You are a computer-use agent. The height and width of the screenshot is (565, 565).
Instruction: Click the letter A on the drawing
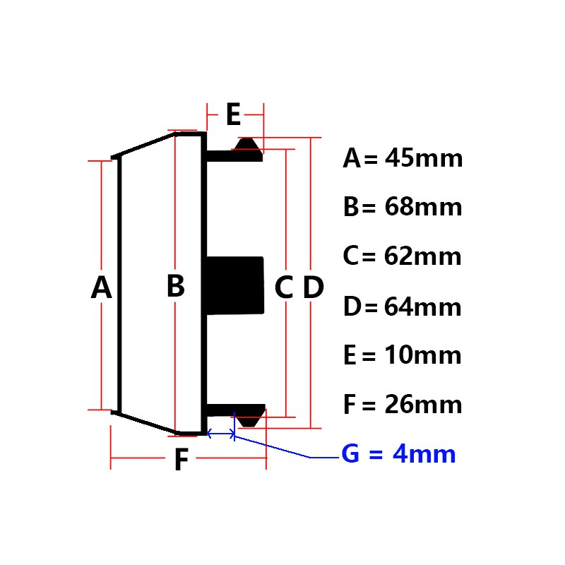[x=102, y=288]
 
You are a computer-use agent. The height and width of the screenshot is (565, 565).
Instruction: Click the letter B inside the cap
[x=175, y=287]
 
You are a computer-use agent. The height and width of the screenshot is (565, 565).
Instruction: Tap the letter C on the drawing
[x=283, y=287]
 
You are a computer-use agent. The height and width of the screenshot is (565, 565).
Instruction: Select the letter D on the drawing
[x=313, y=287]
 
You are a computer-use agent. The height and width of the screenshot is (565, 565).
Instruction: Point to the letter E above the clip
[x=233, y=114]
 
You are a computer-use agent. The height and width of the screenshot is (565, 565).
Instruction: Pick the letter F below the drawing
[x=182, y=461]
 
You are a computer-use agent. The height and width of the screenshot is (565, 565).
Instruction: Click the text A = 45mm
[x=403, y=158]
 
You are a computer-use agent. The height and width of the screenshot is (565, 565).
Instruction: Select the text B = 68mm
[x=403, y=208]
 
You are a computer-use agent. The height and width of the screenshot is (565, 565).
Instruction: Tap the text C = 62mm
[x=403, y=256]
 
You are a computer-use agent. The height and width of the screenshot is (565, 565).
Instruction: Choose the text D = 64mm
[x=403, y=307]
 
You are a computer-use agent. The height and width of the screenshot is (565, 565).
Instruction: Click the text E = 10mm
[x=403, y=355]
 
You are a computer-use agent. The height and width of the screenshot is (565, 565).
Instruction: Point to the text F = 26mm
[x=403, y=405]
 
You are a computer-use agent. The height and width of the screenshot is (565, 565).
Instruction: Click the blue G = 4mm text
[x=399, y=454]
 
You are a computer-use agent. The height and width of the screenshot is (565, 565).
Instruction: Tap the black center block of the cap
[x=235, y=287]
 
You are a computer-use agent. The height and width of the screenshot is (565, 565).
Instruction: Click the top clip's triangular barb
[x=247, y=144]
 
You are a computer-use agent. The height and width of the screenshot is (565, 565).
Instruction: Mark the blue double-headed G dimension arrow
[x=221, y=434]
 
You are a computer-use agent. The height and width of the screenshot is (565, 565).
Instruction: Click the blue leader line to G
[x=282, y=449]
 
